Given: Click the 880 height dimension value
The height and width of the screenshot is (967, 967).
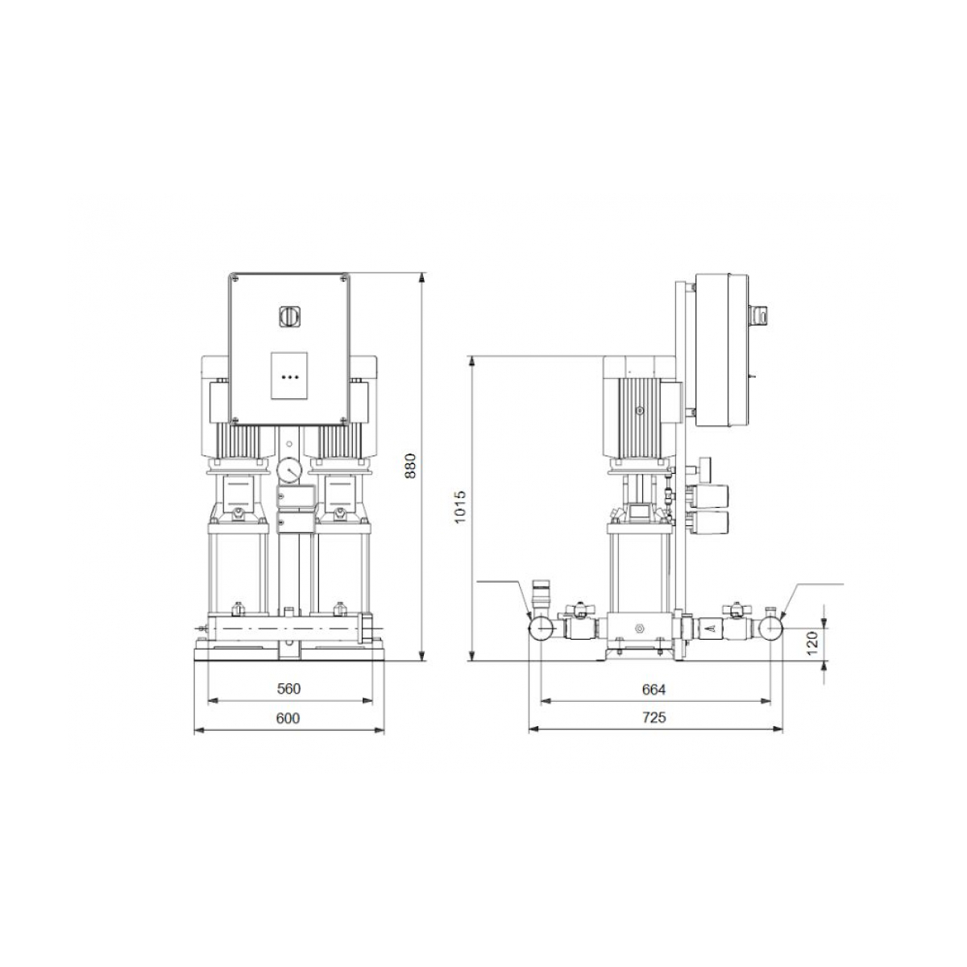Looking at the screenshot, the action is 410,467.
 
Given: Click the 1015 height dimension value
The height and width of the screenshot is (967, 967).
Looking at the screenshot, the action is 460,507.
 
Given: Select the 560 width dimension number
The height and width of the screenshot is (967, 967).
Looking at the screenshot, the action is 289,689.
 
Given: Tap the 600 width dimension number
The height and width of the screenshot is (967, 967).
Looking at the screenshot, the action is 288,719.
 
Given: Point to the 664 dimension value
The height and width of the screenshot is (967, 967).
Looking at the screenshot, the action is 654,690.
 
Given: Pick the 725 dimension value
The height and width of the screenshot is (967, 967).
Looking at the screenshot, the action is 654,718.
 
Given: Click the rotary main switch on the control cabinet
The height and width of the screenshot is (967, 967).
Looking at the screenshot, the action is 289,317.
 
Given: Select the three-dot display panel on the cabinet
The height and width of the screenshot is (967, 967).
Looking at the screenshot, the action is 289,376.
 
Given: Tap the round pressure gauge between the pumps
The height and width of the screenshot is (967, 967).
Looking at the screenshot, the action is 288,470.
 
